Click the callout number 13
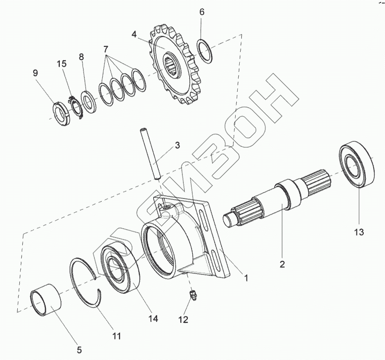click(359, 232)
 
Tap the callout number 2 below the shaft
click(282, 264)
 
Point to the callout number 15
click(61, 64)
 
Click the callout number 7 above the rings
click(105, 50)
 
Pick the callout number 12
click(183, 320)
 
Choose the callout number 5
click(79, 351)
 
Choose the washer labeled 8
click(89, 102)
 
